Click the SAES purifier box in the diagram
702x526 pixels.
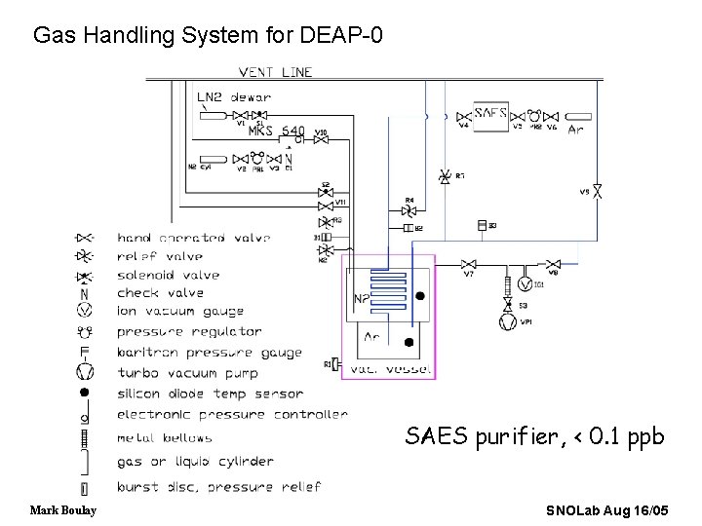point(490,112)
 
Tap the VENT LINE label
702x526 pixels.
point(276,72)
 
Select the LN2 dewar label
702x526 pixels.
point(234,96)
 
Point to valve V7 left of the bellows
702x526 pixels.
point(468,264)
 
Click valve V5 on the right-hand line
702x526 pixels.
point(598,193)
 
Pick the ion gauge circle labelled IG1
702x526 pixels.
point(526,283)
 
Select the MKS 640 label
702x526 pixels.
point(276,131)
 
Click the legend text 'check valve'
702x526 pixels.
point(160,292)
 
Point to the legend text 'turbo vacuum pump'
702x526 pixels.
point(187,373)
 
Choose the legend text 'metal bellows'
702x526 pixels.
point(164,438)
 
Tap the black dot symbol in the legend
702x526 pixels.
point(85,392)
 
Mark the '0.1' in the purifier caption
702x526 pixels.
point(613,436)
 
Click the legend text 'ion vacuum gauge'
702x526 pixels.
point(180,312)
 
